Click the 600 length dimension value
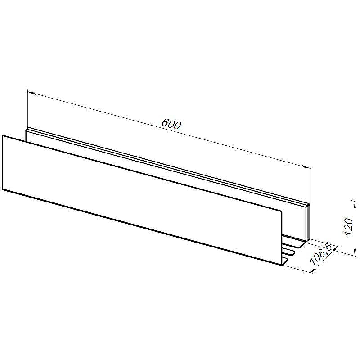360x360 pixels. pyautogui.click(x=171, y=124)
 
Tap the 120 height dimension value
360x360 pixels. pyautogui.click(x=349, y=226)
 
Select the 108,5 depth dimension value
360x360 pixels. pyautogui.click(x=321, y=254)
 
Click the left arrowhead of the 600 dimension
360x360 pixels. pyautogui.click(x=31, y=93)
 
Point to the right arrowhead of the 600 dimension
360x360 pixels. pyautogui.click(x=306, y=167)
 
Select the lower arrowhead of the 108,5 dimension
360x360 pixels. pyautogui.click(x=313, y=270)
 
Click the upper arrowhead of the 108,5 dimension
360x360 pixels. pyautogui.click(x=336, y=249)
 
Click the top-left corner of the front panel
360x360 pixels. pyautogui.click(x=3, y=136)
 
